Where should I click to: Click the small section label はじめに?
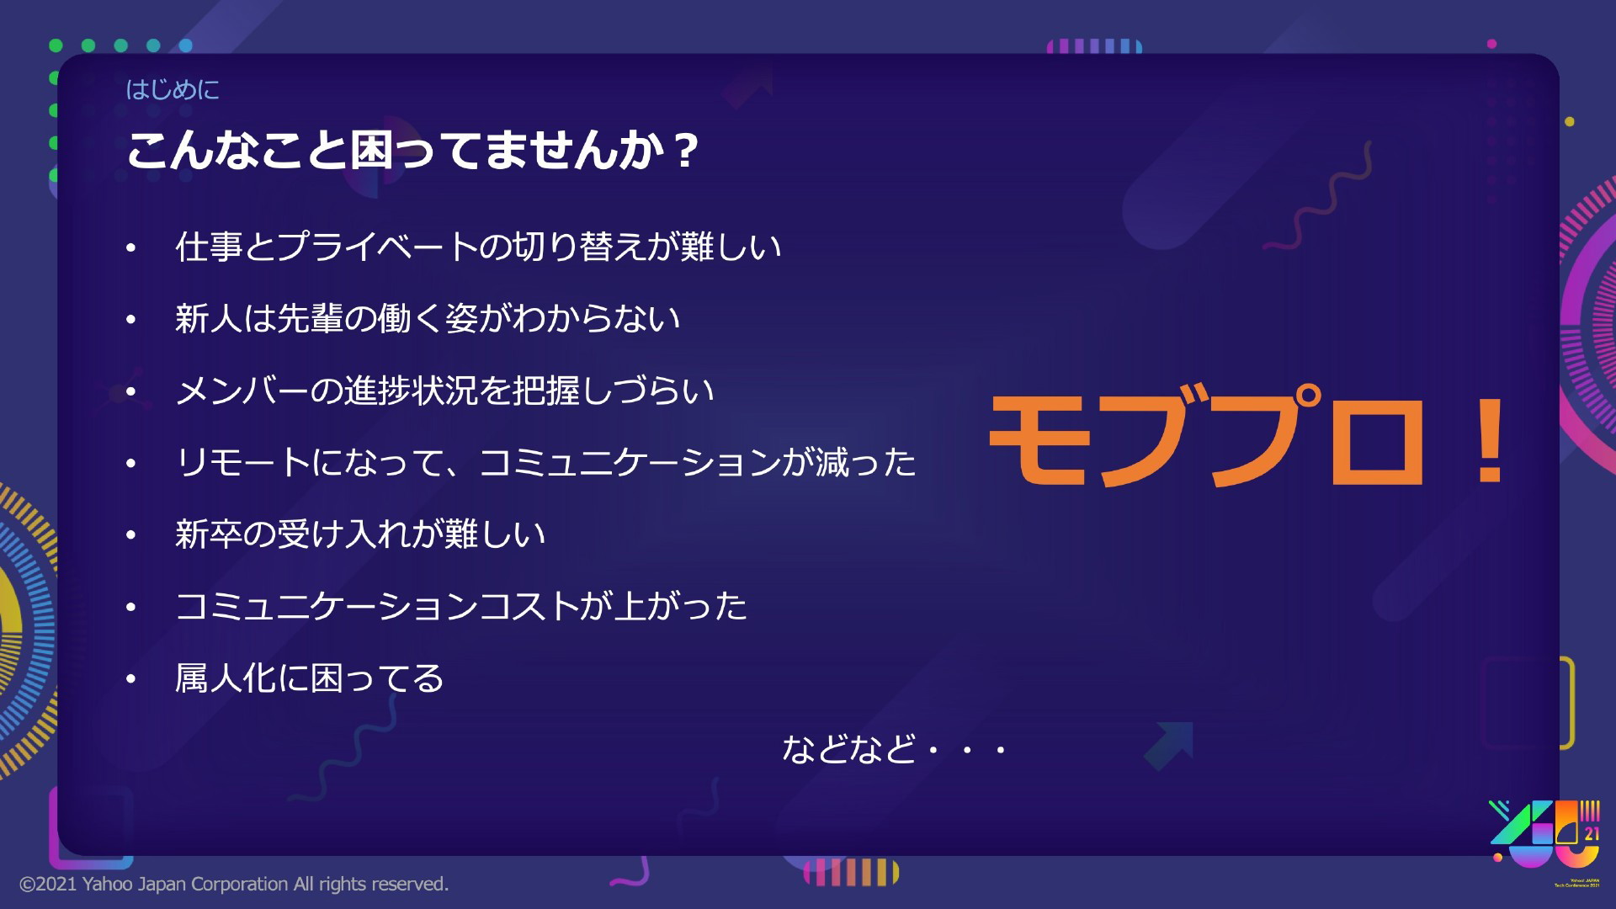click(173, 89)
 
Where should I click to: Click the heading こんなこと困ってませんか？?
click(412, 151)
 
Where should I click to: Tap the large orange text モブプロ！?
click(1247, 439)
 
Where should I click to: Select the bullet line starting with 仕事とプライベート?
click(478, 247)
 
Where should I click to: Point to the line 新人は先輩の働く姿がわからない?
click(428, 319)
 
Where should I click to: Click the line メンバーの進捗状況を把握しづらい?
click(444, 391)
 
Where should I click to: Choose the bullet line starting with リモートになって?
click(545, 463)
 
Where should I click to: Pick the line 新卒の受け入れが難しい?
click(360, 534)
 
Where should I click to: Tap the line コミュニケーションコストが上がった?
click(461, 606)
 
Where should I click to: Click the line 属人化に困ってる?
click(309, 678)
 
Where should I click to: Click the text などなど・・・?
click(895, 748)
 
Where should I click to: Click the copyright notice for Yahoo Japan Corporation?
click(234, 884)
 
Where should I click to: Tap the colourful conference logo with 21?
click(1544, 842)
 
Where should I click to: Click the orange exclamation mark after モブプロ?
click(1491, 439)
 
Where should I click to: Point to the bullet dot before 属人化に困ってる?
click(130, 679)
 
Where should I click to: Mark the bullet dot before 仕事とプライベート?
click(130, 247)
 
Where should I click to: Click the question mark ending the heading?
click(687, 151)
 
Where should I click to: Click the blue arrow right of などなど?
click(1168, 746)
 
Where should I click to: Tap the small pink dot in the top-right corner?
click(1492, 44)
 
